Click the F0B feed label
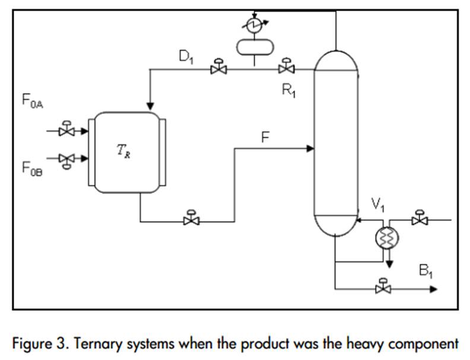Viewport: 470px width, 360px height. click(x=33, y=168)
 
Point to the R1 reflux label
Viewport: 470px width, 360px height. click(x=289, y=90)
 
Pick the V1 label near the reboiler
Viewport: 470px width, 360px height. click(x=379, y=204)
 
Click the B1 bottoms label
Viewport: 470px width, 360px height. click(x=426, y=273)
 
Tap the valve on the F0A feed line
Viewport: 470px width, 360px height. click(x=66, y=130)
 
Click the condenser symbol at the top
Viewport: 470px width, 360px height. click(x=253, y=24)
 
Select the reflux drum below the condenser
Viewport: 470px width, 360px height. click(x=253, y=46)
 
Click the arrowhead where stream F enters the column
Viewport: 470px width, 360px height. click(x=310, y=149)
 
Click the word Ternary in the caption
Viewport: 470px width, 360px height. click(x=79, y=343)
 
